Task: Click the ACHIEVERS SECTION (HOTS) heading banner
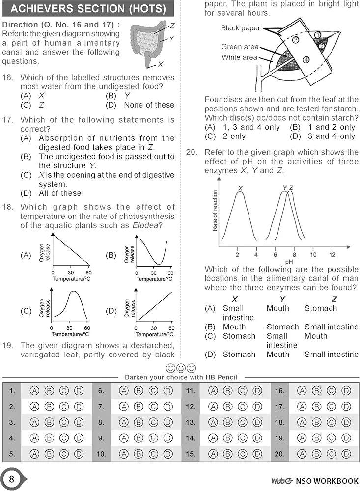pos(88,8)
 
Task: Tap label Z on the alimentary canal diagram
pos(172,25)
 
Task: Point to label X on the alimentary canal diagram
pos(161,64)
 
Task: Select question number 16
pos(7,77)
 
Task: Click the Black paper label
pos(241,28)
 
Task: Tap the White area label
pos(239,57)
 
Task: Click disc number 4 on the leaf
pos(306,60)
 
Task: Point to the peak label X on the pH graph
pos(240,188)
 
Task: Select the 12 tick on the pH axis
pos(332,255)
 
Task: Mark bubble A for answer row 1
pos(34,391)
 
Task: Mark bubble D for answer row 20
pos(346,454)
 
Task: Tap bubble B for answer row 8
pos(138,422)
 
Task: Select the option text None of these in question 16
pos(149,105)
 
